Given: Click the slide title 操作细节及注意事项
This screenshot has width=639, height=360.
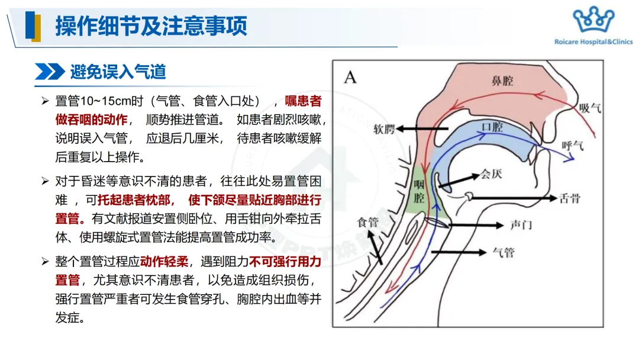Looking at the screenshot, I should [x=151, y=26].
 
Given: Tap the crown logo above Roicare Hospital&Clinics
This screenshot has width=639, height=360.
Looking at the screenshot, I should [x=593, y=20].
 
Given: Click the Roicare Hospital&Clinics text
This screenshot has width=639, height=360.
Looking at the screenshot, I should [x=593, y=42].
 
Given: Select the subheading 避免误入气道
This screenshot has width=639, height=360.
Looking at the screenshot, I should [x=118, y=72].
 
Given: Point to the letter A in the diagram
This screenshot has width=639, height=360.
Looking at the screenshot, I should [x=351, y=77].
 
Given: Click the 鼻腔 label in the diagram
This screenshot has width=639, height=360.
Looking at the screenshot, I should [x=502, y=81].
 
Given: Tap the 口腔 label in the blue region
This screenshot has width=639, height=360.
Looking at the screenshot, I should [x=492, y=127].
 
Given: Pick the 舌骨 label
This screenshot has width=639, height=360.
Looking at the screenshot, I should [x=570, y=198].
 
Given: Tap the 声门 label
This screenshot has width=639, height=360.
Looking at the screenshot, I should [x=521, y=226].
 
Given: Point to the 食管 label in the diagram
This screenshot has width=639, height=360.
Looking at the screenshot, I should [x=367, y=223].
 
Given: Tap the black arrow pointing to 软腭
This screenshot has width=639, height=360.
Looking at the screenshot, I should [x=422, y=128].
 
